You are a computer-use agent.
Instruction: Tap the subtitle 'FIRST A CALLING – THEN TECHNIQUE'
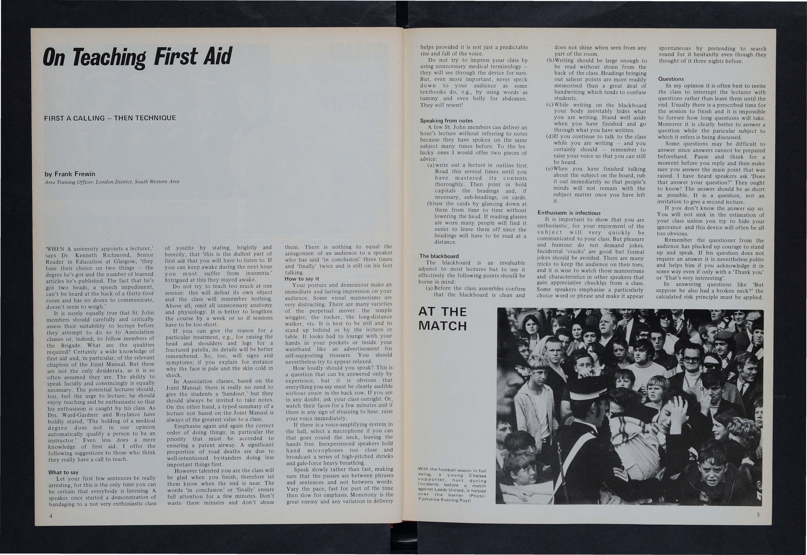(110, 118)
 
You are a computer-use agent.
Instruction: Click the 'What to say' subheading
(63, 472)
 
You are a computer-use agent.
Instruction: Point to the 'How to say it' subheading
(301, 279)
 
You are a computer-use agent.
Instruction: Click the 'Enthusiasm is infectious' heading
(569, 213)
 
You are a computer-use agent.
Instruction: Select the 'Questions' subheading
(671, 79)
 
